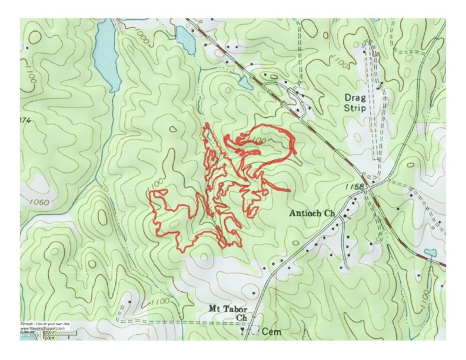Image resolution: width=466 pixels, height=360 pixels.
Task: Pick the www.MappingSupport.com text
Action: pos(42,328)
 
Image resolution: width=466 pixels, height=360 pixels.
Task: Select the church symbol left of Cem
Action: pos(243,331)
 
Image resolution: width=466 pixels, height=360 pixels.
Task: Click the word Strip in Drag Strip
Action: pos(356,108)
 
